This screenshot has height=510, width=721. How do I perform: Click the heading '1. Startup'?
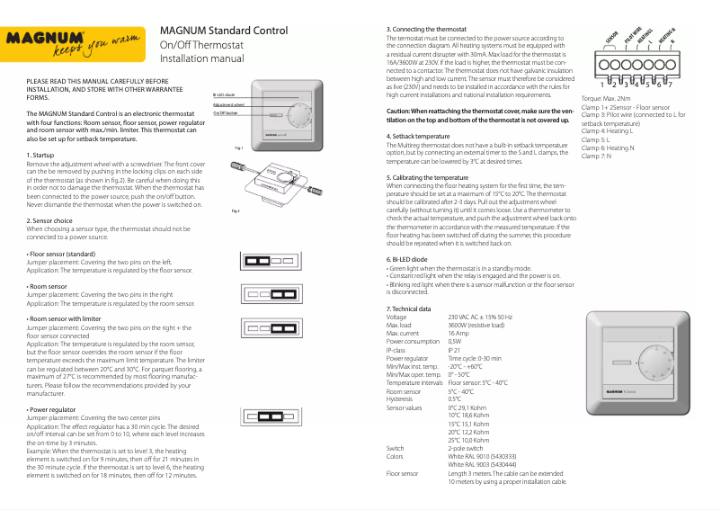pyautogui.click(x=41, y=156)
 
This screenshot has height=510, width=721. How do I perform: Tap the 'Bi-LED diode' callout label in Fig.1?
pyautogui.click(x=225, y=94)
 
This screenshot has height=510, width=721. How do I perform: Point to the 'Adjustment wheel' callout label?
pyautogui.click(x=228, y=104)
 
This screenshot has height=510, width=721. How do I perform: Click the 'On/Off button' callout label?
pyautogui.click(x=226, y=113)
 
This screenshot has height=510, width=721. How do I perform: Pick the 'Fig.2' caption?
pyautogui.click(x=236, y=210)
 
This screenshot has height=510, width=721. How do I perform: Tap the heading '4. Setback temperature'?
pyautogui.click(x=418, y=136)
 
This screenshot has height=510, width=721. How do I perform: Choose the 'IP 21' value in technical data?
pyautogui.click(x=455, y=350)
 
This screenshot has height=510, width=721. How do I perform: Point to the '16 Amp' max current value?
pyautogui.click(x=458, y=334)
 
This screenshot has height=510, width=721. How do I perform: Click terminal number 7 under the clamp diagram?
pyautogui.click(x=670, y=84)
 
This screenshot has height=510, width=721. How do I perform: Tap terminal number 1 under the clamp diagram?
pyautogui.click(x=601, y=84)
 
